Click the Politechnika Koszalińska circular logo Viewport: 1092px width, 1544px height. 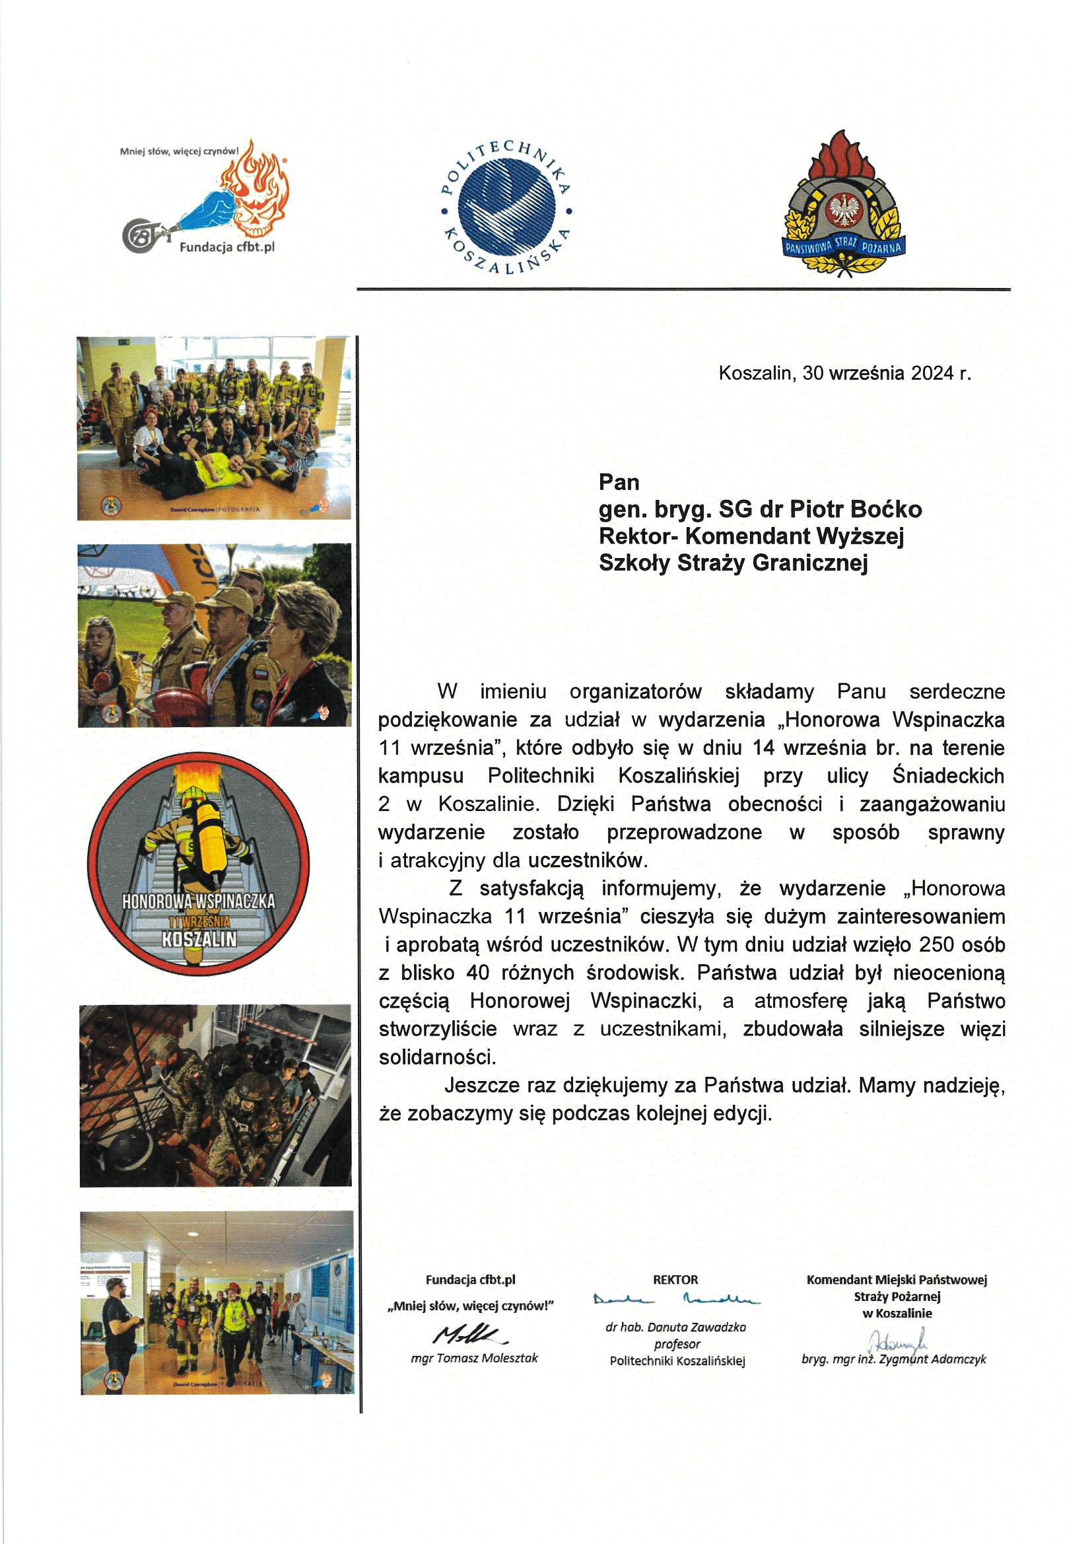click(506, 207)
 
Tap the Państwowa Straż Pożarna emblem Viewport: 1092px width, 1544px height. click(844, 205)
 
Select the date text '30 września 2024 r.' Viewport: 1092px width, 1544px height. click(886, 373)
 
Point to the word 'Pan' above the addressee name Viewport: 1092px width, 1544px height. click(619, 482)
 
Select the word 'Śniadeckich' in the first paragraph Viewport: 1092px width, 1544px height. click(947, 776)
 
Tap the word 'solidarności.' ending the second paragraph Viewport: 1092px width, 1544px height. click(438, 1057)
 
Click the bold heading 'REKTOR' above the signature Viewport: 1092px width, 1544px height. click(676, 1280)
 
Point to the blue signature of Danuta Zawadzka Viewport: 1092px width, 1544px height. click(677, 1300)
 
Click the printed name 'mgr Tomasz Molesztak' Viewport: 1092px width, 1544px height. click(475, 1358)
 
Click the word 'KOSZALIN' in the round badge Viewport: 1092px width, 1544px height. click(199, 939)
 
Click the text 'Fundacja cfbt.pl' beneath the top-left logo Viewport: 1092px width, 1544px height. click(227, 248)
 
